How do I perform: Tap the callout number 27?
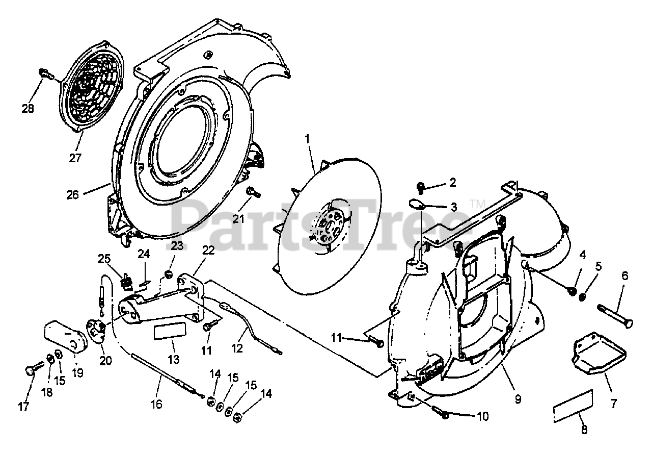(75, 158)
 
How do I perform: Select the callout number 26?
(72, 194)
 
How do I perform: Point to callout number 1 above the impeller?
(307, 138)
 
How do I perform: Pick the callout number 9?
(518, 399)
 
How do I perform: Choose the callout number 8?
(584, 430)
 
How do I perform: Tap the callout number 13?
(173, 359)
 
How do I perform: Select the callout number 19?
(77, 373)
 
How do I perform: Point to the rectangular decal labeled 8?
(573, 406)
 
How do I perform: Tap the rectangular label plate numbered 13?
(170, 331)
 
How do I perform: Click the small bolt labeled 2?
(421, 187)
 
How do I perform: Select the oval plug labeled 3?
(416, 205)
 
